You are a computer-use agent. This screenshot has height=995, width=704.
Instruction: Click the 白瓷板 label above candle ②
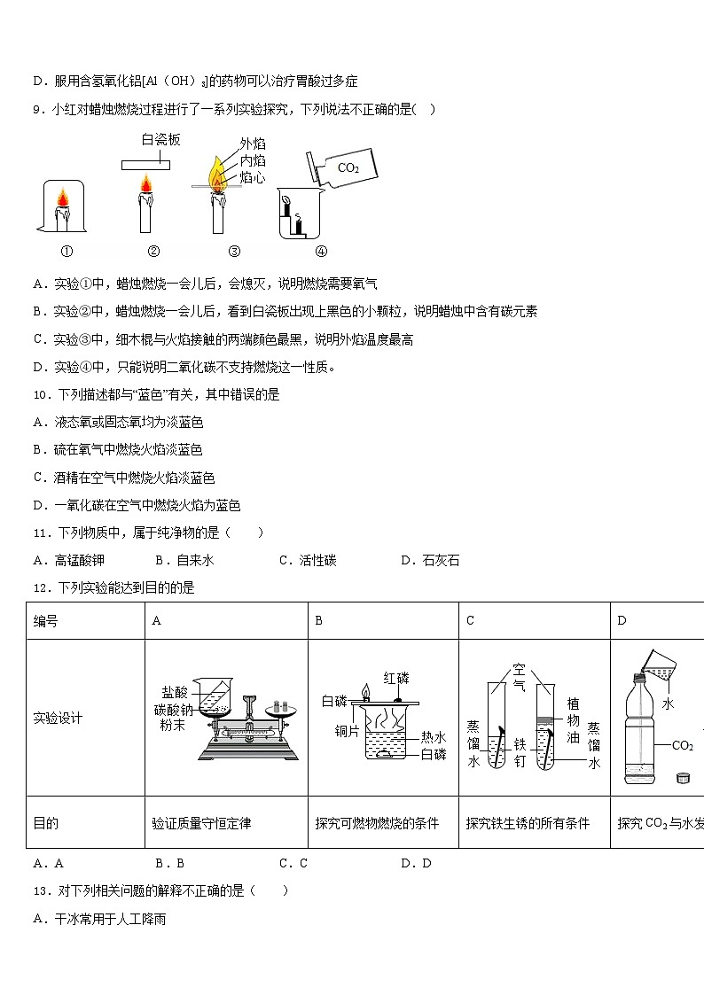[161, 140]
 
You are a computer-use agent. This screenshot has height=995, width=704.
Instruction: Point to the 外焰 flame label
[253, 144]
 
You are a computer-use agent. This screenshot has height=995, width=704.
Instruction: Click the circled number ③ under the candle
[234, 251]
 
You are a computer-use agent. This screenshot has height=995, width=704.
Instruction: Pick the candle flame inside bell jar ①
[62, 196]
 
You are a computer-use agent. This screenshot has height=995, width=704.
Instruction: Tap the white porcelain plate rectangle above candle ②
[146, 163]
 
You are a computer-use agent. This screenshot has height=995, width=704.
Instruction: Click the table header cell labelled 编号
[46, 621]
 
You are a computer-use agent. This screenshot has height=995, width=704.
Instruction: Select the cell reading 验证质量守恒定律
[201, 823]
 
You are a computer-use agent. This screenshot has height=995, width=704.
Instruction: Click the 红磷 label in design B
[396, 679]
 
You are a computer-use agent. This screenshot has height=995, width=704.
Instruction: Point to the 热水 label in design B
[434, 736]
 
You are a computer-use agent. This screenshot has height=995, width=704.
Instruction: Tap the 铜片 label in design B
[346, 731]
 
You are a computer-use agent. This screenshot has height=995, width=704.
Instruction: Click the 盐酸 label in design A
[174, 692]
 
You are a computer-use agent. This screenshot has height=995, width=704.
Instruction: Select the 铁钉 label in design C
[520, 753]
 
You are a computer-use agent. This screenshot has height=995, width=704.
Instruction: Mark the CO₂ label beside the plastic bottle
[682, 745]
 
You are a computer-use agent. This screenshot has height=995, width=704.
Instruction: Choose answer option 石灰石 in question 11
[441, 560]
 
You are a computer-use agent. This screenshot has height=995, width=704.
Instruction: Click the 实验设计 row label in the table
[58, 718]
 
